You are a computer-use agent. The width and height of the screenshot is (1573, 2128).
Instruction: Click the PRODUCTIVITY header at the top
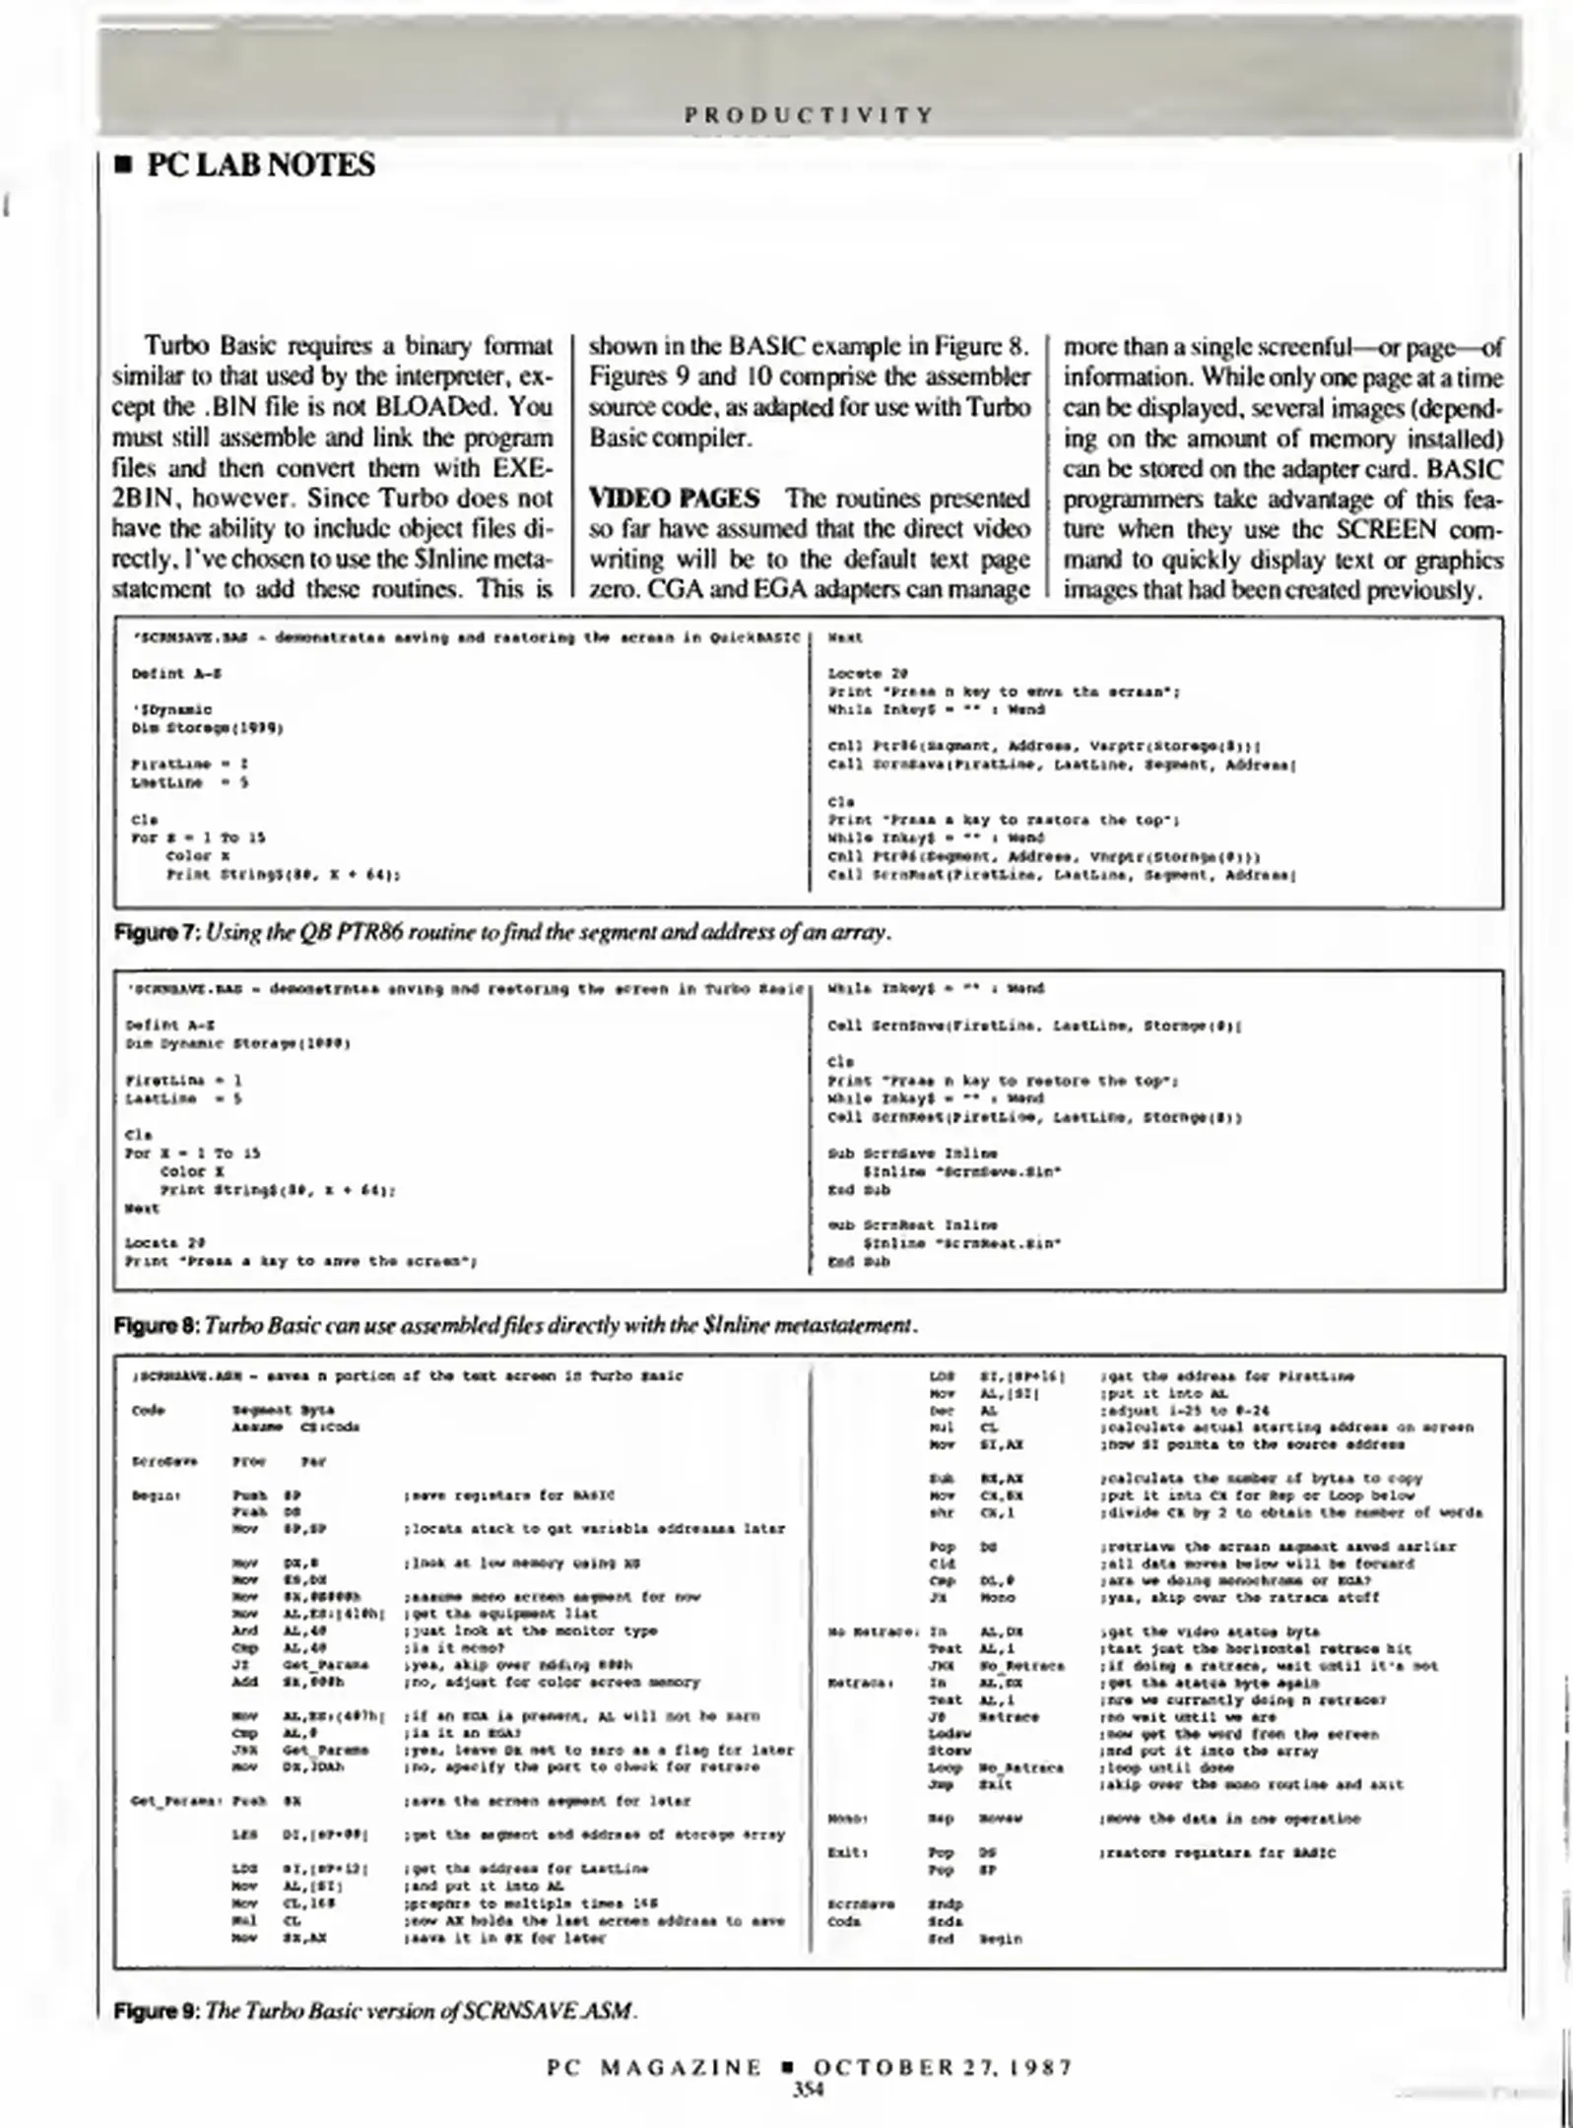point(808,115)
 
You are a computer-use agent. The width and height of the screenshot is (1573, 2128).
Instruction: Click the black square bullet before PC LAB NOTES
point(124,166)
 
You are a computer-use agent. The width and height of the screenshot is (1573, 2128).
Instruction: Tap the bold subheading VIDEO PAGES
point(674,499)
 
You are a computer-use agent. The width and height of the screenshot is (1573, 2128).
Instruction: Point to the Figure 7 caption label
point(158,932)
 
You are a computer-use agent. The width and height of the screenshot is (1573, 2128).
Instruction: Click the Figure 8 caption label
point(158,1326)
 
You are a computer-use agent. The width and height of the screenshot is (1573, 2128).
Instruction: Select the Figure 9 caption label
point(158,2010)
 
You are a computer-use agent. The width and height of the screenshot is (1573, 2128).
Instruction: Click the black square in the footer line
point(787,2066)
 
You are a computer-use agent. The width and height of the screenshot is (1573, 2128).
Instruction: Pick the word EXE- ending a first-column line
point(522,468)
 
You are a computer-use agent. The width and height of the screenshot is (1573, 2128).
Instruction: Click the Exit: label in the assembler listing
point(846,1853)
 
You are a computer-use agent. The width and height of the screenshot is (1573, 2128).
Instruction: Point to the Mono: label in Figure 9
point(846,1819)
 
